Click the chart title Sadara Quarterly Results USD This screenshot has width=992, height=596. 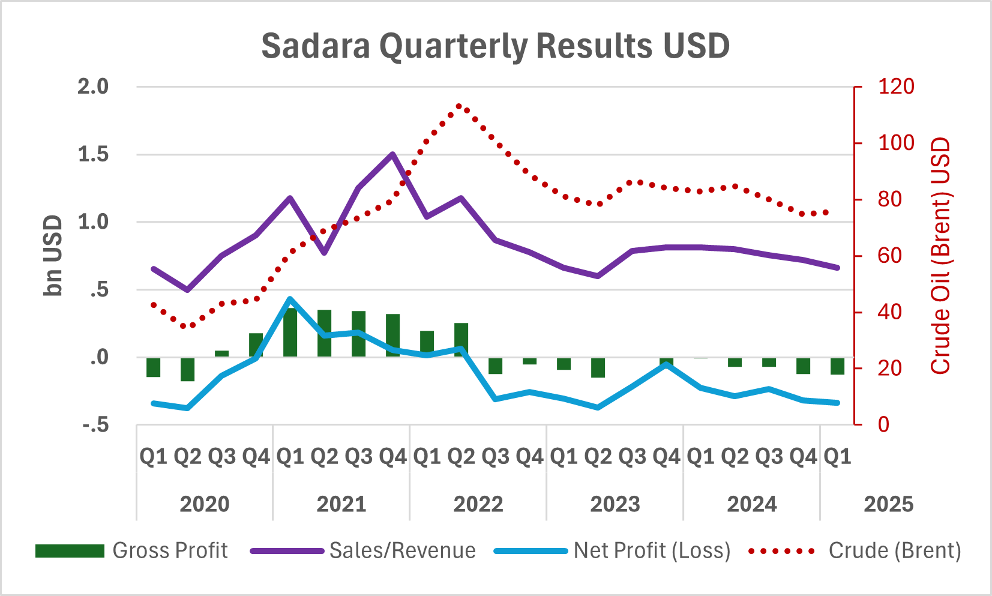click(x=495, y=46)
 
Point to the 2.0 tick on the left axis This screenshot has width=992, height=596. click(x=93, y=87)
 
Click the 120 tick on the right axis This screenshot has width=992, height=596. click(x=896, y=87)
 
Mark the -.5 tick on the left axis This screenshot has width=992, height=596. click(x=95, y=426)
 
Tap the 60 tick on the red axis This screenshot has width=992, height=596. click(x=889, y=256)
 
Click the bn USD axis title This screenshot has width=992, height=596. click(x=53, y=256)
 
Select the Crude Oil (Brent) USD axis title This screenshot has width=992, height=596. click(x=940, y=256)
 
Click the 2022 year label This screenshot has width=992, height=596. click(x=478, y=504)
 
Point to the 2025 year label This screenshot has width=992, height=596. click(x=888, y=504)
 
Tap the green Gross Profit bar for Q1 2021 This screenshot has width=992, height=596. click(x=290, y=333)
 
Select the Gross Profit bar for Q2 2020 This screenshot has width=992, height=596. click(x=188, y=369)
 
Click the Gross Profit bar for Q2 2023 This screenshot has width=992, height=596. click(x=598, y=367)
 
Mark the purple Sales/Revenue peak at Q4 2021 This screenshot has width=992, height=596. click(x=392, y=154)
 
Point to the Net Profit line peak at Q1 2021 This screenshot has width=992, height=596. click(x=290, y=299)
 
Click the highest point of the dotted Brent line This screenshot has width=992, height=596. click(x=459, y=106)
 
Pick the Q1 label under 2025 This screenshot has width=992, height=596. click(x=837, y=457)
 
